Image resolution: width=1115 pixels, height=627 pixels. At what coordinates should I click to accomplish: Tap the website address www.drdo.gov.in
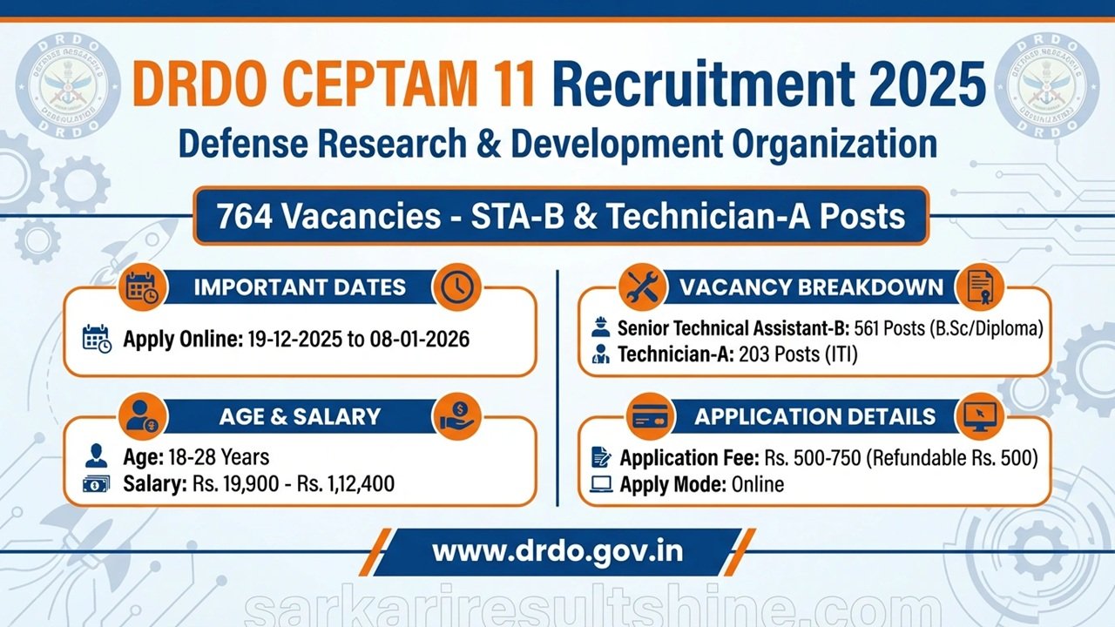(557, 551)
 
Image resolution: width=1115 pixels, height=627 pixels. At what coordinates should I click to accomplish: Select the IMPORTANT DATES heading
(301, 288)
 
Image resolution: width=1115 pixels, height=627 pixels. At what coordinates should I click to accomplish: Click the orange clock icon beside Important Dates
(456, 287)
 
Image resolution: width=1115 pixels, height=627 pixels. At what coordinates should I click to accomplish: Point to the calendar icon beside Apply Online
(97, 339)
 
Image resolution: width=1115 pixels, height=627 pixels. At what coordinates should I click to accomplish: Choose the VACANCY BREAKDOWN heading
(811, 287)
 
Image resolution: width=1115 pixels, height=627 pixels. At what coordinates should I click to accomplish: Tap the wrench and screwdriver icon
(642, 287)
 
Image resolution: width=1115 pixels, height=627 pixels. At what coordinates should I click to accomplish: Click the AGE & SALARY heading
(301, 416)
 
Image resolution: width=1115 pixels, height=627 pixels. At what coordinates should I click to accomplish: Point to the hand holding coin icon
(456, 416)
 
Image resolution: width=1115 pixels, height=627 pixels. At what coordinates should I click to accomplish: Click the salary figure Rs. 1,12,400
(346, 484)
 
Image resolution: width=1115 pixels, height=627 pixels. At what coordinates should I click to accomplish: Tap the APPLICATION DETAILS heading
(815, 416)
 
